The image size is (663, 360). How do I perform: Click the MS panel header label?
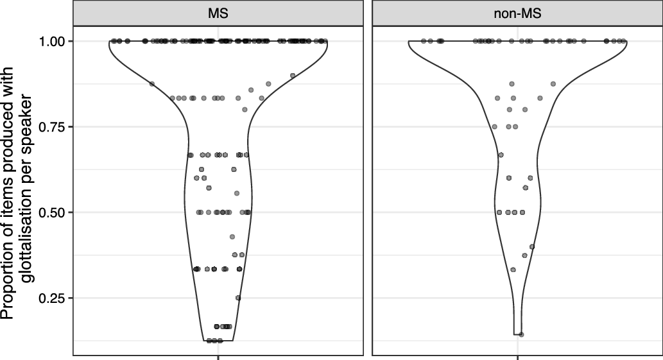(218, 13)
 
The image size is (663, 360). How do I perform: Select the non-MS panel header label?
(518, 13)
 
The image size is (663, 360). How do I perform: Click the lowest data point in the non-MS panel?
(521, 334)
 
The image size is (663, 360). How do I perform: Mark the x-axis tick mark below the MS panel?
(219, 357)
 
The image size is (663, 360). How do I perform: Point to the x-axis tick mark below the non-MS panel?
(518, 357)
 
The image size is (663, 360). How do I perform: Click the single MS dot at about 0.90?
(293, 75)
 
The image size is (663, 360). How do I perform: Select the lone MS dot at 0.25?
(238, 298)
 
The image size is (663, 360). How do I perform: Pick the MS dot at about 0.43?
(232, 237)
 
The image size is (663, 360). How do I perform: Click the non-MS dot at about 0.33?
(513, 270)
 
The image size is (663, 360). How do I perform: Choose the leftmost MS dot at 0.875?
(152, 84)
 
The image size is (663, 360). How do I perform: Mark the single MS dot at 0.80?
(245, 110)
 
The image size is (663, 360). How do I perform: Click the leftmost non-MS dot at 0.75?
(494, 126)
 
